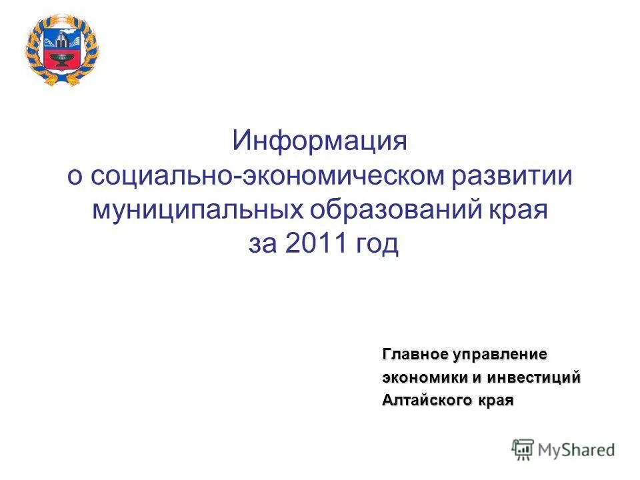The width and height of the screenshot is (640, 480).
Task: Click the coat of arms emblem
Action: [61, 49]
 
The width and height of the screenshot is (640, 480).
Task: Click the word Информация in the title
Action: [319, 141]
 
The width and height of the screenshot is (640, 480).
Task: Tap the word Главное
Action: [414, 353]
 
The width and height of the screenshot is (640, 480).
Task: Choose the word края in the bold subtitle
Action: [494, 401]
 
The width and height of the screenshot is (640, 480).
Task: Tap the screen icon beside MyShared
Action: [523, 450]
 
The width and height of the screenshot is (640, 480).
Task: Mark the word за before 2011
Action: [263, 245]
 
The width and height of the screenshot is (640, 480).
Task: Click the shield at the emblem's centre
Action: [61, 47]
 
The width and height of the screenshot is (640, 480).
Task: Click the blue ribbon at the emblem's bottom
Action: [61, 79]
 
